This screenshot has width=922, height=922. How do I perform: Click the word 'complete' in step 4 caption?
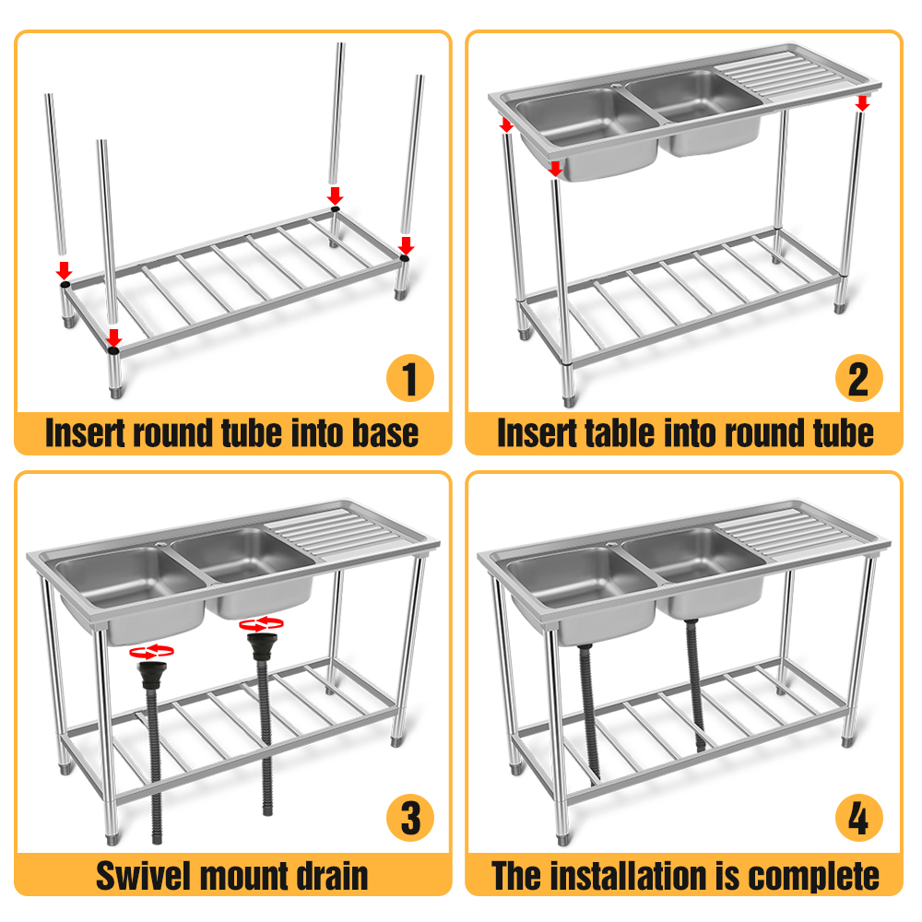pyautogui.click(x=817, y=874)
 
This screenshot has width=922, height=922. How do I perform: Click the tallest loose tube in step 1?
pyautogui.click(x=337, y=111)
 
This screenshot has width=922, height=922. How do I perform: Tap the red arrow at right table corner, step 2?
pyautogui.click(x=862, y=100)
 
